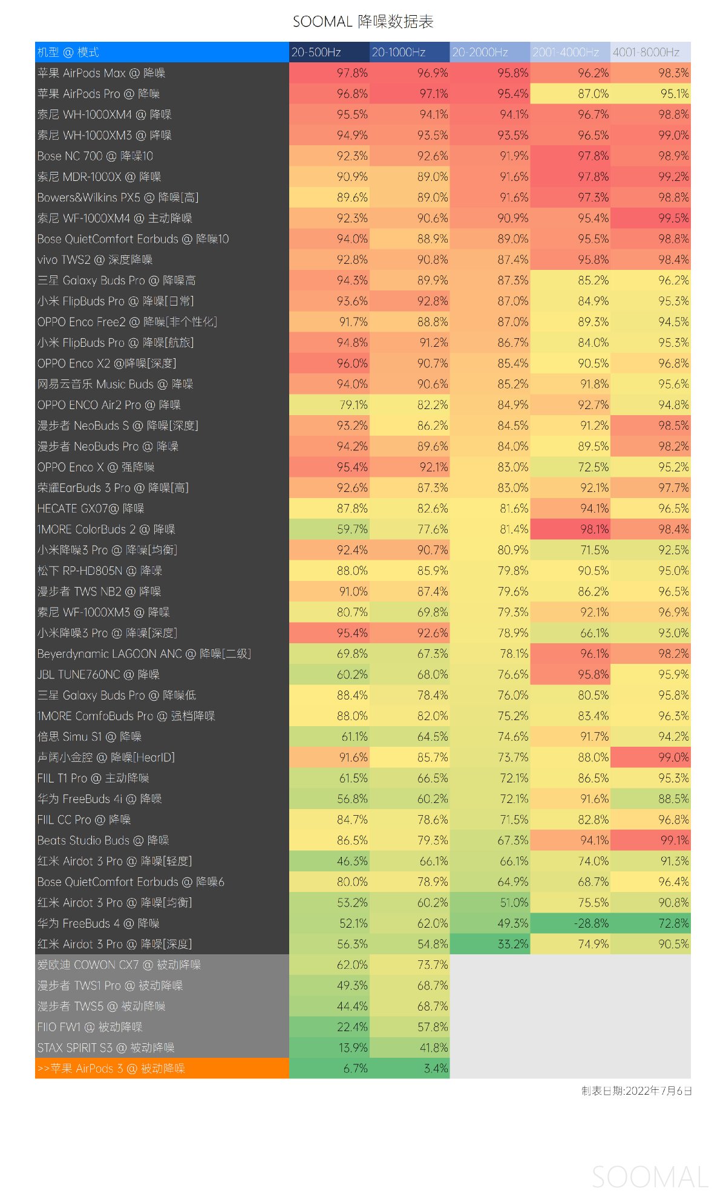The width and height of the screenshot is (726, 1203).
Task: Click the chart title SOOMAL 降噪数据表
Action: click(x=363, y=22)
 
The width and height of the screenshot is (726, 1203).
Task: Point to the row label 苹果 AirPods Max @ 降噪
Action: click(x=101, y=73)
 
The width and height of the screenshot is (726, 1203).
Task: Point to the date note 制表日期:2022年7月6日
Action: click(x=636, y=1091)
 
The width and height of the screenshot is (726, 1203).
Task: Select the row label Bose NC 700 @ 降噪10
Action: click(x=95, y=156)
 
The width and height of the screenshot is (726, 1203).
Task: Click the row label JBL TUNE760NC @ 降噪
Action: click(x=98, y=675)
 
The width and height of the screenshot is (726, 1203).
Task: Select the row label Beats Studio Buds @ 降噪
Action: click(x=103, y=841)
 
